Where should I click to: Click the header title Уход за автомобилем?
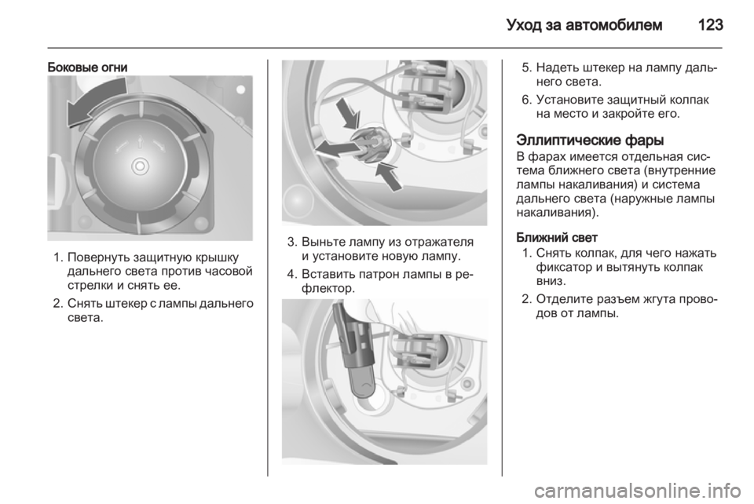584,25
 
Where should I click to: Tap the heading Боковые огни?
87,68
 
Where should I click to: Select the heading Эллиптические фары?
590,141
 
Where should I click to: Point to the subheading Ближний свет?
556,237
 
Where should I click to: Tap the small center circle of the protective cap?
140,166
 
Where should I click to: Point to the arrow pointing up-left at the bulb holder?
389,177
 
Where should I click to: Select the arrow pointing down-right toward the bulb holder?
348,113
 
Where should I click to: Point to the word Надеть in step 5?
556,68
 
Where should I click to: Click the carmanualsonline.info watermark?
637,491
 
